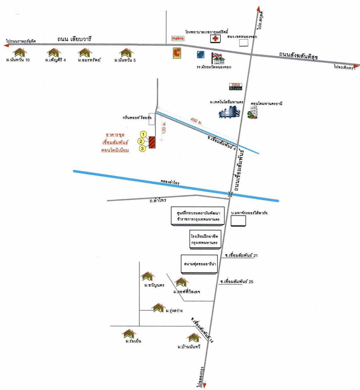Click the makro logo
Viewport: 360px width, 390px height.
178,38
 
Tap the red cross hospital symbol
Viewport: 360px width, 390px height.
215,39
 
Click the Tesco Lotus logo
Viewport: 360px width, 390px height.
235,87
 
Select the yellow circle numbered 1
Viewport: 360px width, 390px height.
144,135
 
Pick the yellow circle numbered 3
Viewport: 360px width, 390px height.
142,148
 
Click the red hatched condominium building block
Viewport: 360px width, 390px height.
152,142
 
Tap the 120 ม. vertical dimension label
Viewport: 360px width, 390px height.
164,128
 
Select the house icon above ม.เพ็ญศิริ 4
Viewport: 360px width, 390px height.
54,52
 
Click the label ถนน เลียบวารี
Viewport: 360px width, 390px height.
74,39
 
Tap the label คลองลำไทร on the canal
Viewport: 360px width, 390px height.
170,182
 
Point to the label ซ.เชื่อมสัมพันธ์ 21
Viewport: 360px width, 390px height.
241,255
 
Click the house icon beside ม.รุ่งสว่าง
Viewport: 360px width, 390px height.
158,308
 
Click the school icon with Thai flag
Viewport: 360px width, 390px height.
218,58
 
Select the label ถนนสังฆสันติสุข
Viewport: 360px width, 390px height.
298,56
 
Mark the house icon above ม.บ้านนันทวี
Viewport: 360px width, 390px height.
194,338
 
